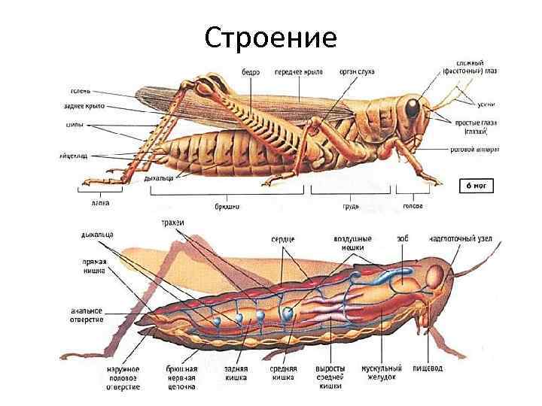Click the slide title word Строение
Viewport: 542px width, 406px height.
pos(270,36)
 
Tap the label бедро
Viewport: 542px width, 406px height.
pos(251,72)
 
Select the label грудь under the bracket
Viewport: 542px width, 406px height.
pos(351,205)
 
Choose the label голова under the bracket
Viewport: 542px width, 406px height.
pos(413,205)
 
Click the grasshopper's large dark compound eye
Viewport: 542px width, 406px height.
pos(413,108)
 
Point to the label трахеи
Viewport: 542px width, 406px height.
pos(173,223)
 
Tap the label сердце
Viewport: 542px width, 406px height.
pos(283,238)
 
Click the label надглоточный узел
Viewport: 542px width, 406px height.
pos(461,238)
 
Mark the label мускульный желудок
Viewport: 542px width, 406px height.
pos(382,373)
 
